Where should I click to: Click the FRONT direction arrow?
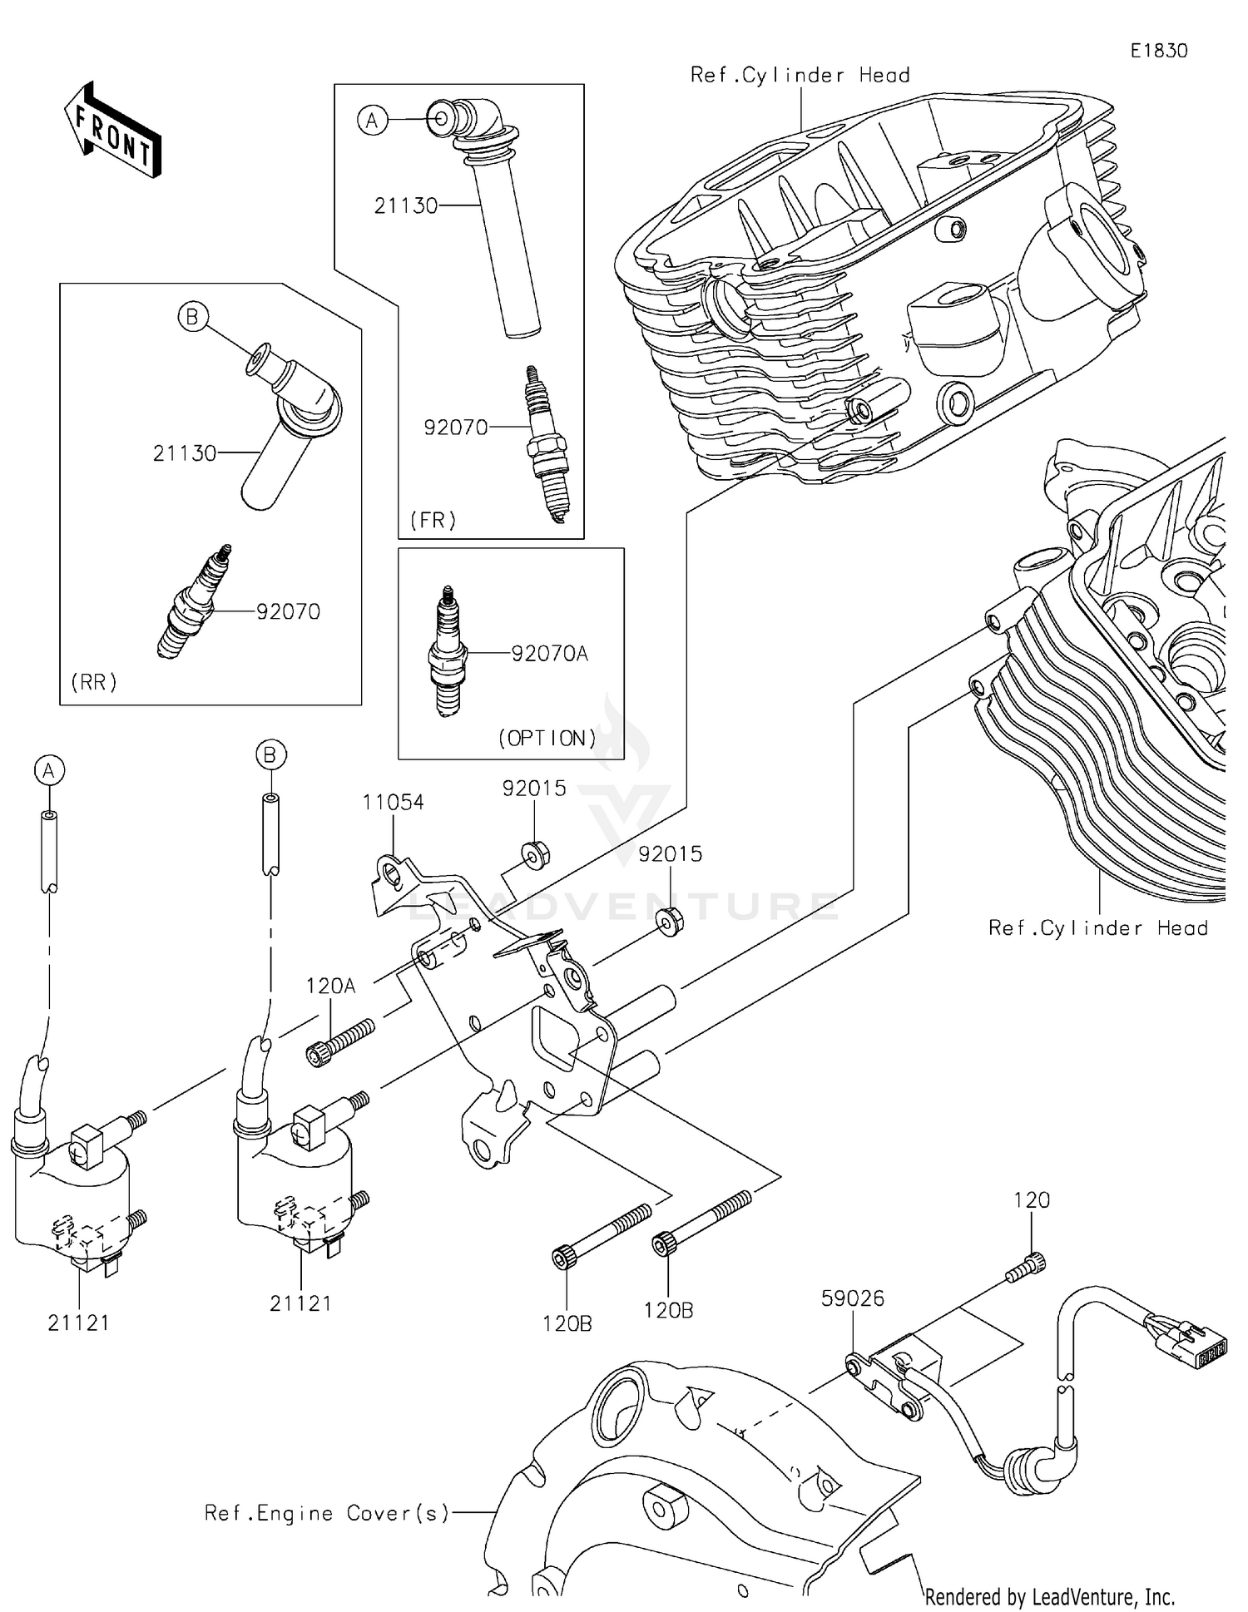click(112, 131)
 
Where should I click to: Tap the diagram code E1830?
click(1158, 51)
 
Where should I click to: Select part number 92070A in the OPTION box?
click(549, 654)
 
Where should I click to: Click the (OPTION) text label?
click(547, 738)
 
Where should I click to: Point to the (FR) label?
click(433, 521)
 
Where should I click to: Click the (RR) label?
click(94, 682)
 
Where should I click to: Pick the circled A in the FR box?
click(372, 121)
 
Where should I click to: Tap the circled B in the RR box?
click(192, 317)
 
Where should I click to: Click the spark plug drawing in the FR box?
click(541, 445)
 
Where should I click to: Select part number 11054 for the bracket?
click(393, 802)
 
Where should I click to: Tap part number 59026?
click(852, 1298)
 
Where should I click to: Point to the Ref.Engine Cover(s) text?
click(327, 1513)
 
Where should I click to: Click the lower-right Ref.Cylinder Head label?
click(1097, 927)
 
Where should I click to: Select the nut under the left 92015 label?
click(533, 854)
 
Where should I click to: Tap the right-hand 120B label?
click(668, 1310)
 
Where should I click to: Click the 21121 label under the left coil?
click(78, 1323)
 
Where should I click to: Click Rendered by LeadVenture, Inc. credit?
click(1050, 1596)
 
